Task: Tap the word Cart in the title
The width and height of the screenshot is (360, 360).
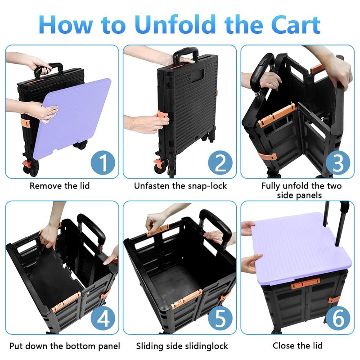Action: point(296,24)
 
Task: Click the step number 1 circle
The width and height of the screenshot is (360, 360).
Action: point(103,162)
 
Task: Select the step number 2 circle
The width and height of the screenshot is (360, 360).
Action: point(220,162)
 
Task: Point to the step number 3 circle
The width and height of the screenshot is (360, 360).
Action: point(338,162)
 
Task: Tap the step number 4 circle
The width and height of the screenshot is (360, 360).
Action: point(103,319)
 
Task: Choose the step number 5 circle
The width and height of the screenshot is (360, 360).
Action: point(220,319)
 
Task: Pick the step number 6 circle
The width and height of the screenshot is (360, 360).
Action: point(338,319)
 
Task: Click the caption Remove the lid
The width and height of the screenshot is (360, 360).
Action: point(60,185)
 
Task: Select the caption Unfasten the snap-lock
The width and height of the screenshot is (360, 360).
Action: point(180,186)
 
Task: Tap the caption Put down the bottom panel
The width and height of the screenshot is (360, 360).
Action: point(65,346)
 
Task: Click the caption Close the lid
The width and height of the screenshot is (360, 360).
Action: point(297,345)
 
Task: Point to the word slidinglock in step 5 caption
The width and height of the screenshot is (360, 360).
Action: point(202,346)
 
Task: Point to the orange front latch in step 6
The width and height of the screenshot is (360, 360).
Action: point(306,284)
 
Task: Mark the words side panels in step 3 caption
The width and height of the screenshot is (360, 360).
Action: point(299,195)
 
